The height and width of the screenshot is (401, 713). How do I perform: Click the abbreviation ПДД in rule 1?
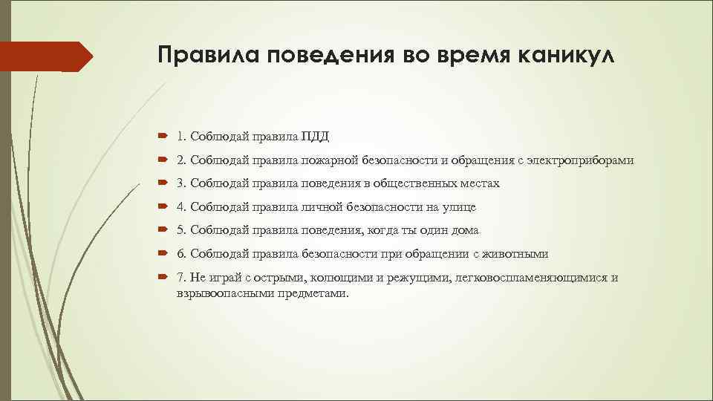point(315,136)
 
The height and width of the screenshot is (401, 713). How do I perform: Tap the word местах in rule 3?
point(480,183)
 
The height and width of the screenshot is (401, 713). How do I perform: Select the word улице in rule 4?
point(458,207)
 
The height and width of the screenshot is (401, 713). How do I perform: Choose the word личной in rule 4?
point(322,207)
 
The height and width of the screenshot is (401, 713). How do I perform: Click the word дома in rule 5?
point(463,231)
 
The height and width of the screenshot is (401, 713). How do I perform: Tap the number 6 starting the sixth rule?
point(181,255)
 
